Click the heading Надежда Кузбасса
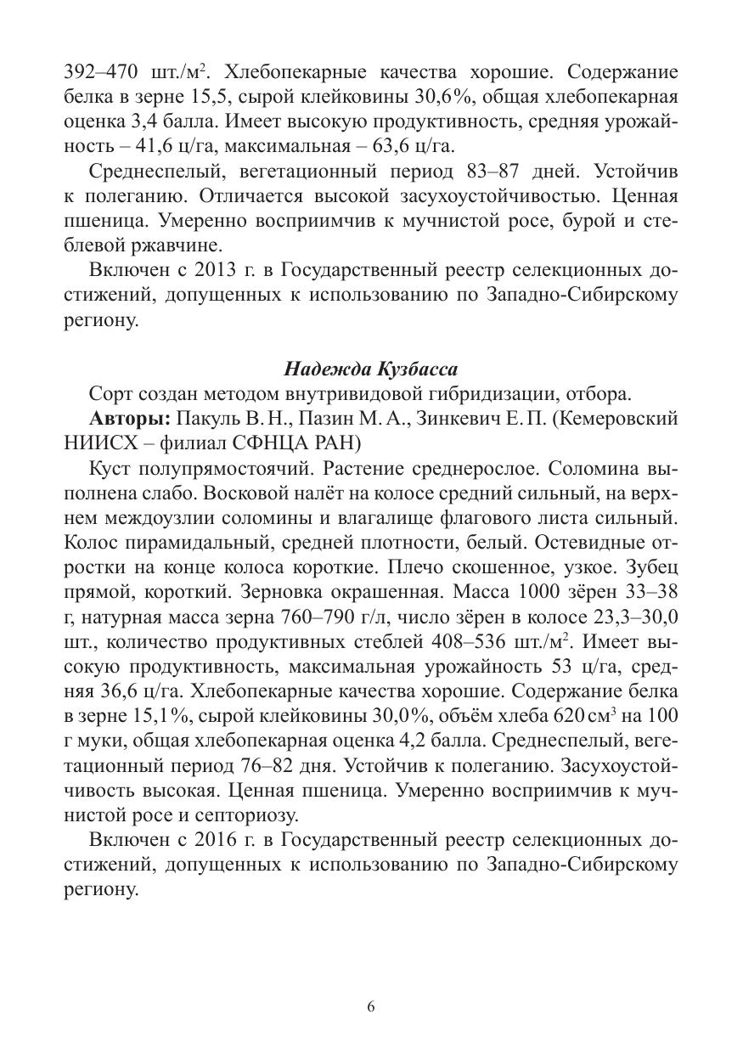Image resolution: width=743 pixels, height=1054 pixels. click(x=370, y=369)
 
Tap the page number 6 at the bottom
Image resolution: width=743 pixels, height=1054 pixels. click(x=371, y=1007)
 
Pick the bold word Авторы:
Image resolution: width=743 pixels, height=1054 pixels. click(x=130, y=419)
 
